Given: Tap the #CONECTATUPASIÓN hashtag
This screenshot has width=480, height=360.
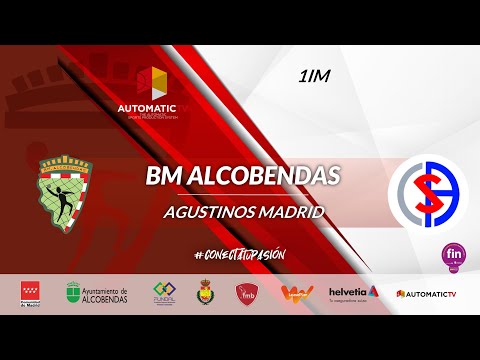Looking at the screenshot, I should pyautogui.click(x=240, y=255).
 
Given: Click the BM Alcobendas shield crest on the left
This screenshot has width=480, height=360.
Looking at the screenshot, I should pyautogui.click(x=69, y=191).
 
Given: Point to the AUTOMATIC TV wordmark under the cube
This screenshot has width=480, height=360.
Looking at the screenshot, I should pyautogui.click(x=148, y=107).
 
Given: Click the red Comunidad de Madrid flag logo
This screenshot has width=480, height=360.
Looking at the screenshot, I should pyautogui.click(x=31, y=293).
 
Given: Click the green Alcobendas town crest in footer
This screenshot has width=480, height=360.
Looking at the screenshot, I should pyautogui.click(x=73, y=293).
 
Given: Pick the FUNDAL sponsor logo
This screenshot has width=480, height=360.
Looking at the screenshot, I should pyautogui.click(x=164, y=293).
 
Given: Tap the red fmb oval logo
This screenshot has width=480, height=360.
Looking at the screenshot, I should pyautogui.click(x=248, y=293).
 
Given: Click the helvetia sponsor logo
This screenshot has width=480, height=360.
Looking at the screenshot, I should pyautogui.click(x=353, y=292).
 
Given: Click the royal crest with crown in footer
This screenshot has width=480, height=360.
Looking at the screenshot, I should pyautogui.click(x=208, y=292).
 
